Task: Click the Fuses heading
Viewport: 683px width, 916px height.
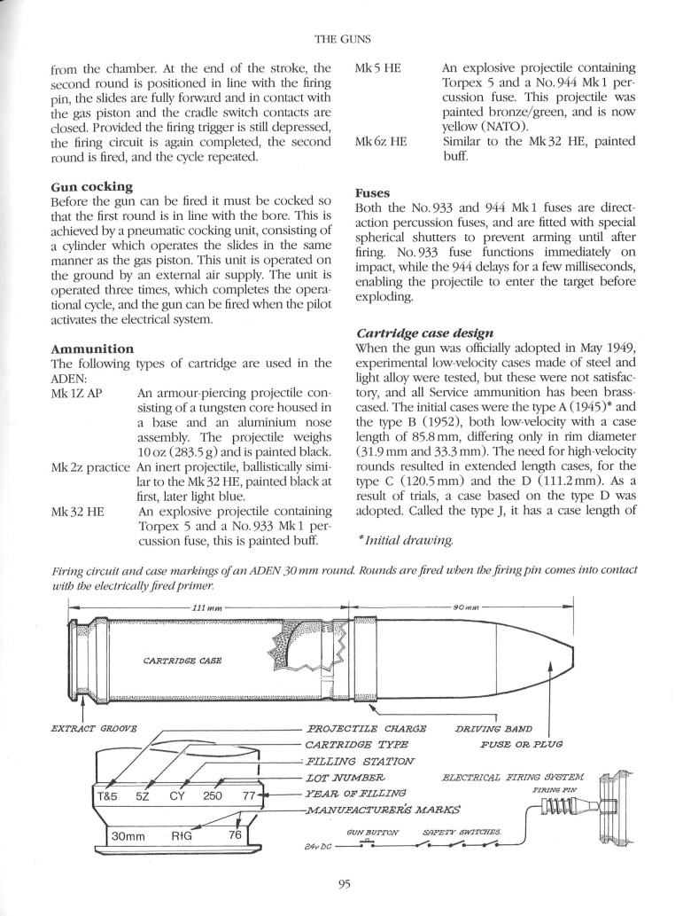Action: click(x=373, y=191)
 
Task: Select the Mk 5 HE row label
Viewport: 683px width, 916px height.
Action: click(x=380, y=67)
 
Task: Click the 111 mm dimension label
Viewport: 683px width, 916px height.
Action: click(x=207, y=607)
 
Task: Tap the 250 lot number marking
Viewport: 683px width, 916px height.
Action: click(x=213, y=796)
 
